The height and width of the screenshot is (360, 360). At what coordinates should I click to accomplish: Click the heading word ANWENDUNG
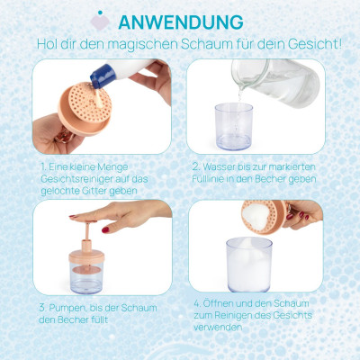pyautogui.click(x=181, y=22)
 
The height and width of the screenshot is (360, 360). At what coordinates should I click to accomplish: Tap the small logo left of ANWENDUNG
pyautogui.click(x=100, y=21)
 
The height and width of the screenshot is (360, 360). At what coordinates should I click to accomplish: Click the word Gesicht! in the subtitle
pyautogui.click(x=315, y=44)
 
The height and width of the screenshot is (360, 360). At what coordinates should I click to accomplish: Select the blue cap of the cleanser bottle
pyautogui.click(x=103, y=76)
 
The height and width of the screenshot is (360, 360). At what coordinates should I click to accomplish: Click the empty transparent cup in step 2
pyautogui.click(x=234, y=126)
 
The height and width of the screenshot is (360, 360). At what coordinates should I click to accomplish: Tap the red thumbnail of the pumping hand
pyautogui.click(x=105, y=229)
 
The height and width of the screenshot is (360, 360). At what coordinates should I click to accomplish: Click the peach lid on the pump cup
pyautogui.click(x=86, y=256)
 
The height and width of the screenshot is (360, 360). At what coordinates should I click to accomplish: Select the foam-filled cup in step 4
pyautogui.click(x=249, y=265)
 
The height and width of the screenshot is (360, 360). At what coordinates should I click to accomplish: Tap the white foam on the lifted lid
pyautogui.click(x=255, y=215)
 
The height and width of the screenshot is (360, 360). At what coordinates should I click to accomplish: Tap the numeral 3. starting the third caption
pyautogui.click(x=42, y=308)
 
